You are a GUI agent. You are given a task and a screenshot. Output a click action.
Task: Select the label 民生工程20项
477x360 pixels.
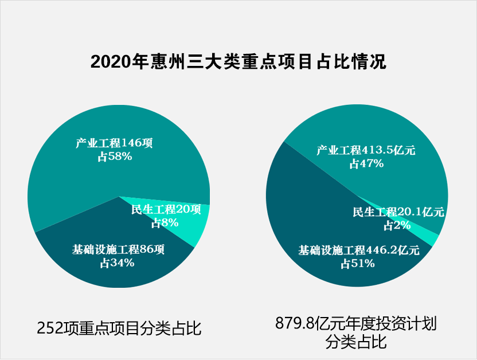166,210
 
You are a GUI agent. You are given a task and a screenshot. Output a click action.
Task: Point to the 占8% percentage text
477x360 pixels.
165,223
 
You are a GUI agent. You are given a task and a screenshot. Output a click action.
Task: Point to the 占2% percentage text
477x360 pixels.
397,225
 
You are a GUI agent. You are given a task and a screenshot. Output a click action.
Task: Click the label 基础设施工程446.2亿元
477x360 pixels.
359,251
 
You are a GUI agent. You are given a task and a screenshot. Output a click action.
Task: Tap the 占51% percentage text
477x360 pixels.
358,264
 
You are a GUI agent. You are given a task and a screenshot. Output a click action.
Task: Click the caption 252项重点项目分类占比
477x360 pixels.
119,328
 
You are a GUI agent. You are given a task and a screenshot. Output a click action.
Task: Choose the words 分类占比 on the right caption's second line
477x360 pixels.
355,343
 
